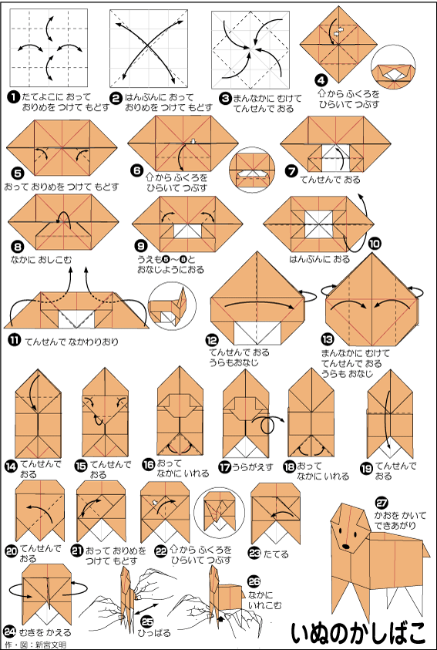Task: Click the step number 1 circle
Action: (14, 98)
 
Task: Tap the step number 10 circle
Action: (375, 244)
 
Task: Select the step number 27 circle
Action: (382, 503)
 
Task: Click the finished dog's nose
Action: (345, 547)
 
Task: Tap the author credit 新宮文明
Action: (49, 645)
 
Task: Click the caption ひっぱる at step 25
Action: (155, 633)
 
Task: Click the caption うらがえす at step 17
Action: (252, 467)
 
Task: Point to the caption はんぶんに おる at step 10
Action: (319, 259)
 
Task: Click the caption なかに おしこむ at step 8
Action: (41, 260)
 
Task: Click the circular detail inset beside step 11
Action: (172, 306)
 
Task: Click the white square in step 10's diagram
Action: (318, 224)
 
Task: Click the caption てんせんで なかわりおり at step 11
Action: (72, 342)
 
